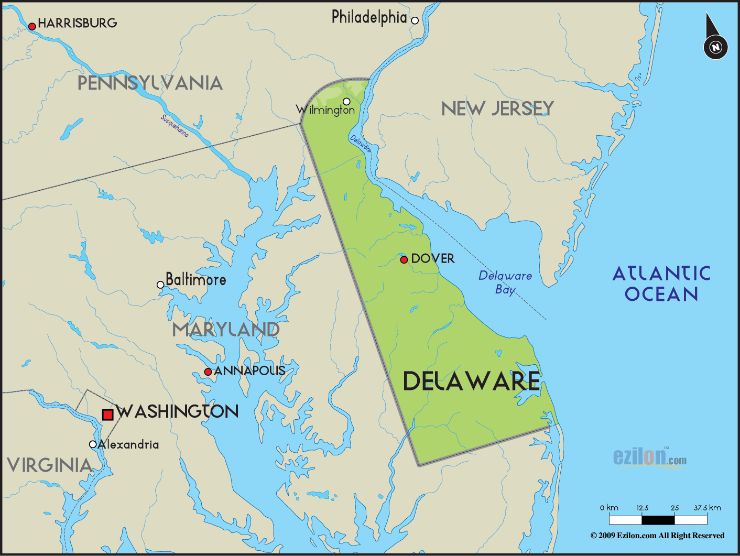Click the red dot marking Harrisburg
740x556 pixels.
coord(32,26)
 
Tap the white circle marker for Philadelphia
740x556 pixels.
coord(415,20)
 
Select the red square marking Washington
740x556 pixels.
coord(108,415)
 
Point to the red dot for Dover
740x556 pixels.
coord(404,259)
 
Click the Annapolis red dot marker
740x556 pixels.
coord(208,372)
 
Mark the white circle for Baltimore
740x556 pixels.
coord(160,285)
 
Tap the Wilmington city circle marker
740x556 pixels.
coord(346,101)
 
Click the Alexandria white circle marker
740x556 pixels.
coord(93,444)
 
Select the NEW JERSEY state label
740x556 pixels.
coord(497,108)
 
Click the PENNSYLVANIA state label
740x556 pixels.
coord(150,83)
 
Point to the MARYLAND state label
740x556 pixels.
coord(226,330)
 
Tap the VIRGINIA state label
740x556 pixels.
coord(50,465)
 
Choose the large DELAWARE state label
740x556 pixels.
coord(471,381)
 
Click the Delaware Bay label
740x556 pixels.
coord(505,282)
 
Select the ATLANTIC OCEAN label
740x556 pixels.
coord(661,284)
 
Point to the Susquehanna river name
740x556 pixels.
coord(175,126)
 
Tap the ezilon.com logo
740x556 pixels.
coord(650,457)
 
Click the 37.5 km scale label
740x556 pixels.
coord(707,508)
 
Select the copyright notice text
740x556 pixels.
coord(657,536)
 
